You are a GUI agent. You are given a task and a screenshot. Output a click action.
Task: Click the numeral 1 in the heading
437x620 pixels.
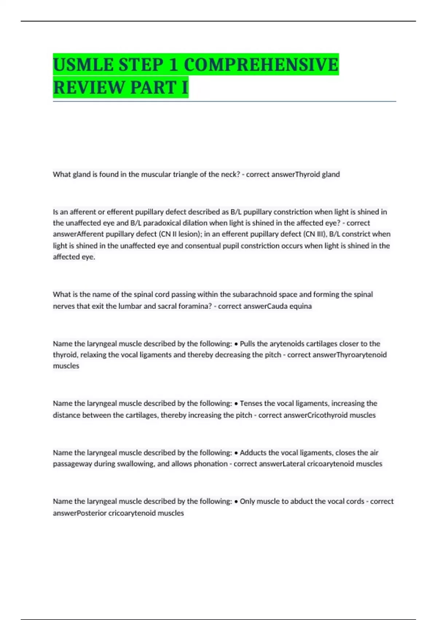pyautogui.click(x=173, y=65)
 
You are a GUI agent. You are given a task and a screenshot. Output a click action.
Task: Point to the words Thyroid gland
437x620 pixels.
pyautogui.click(x=317, y=174)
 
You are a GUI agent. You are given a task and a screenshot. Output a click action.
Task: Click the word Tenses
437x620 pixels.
pyautogui.click(x=251, y=403)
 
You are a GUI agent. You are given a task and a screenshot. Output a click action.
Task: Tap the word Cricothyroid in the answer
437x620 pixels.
pyautogui.click(x=328, y=415)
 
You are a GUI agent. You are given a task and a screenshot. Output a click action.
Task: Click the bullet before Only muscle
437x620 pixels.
pyautogui.click(x=236, y=501)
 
